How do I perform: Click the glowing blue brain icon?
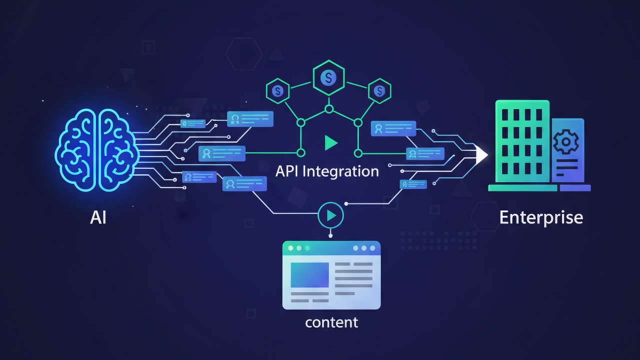pyautogui.click(x=98, y=150)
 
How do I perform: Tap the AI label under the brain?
pyautogui.click(x=98, y=218)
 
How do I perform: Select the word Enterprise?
pyautogui.click(x=541, y=218)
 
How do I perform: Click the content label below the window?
pyautogui.click(x=331, y=322)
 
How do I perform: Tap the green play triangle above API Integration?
pyautogui.click(x=330, y=143)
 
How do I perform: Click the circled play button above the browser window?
pyautogui.click(x=330, y=215)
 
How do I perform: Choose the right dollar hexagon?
pyautogui.click(x=380, y=91)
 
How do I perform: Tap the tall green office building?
pyautogui.click(x=522, y=142)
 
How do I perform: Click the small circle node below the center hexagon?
pyautogui.click(x=328, y=108)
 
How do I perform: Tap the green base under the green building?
pyautogui.click(x=522, y=188)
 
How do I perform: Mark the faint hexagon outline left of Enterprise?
pyautogui.click(x=484, y=216)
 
